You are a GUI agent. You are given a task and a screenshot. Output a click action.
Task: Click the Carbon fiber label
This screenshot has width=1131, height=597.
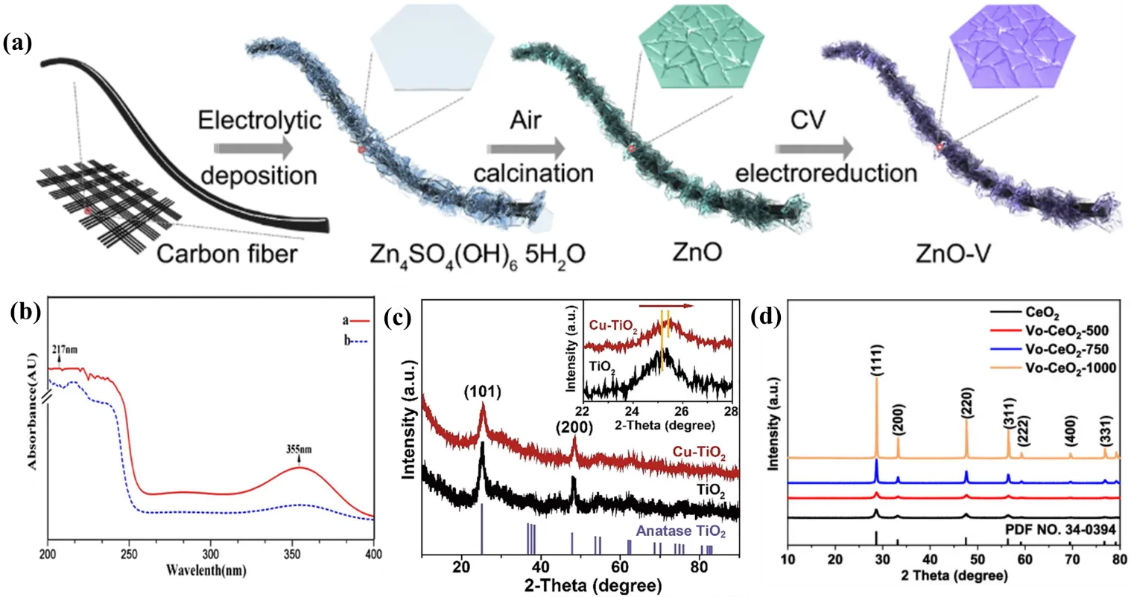[227, 254]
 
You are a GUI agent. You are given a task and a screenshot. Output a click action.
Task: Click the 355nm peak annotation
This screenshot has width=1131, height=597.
[301, 450]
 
